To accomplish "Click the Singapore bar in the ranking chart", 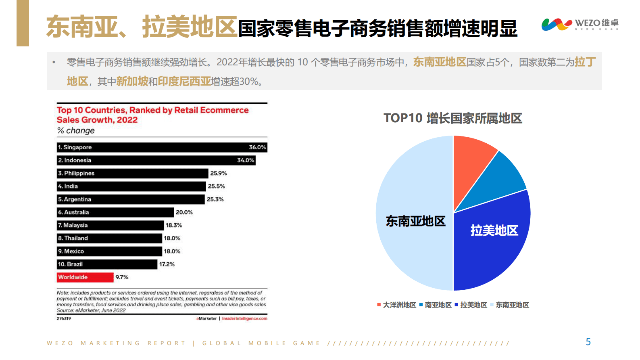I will [x=161, y=147].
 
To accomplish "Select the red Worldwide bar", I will [x=85, y=277].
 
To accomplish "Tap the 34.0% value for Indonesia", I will [x=246, y=160].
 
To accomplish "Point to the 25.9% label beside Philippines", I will [x=219, y=173].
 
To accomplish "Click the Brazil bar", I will [x=107, y=264].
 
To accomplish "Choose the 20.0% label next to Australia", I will [x=184, y=212].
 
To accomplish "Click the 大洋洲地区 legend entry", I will [x=397, y=305].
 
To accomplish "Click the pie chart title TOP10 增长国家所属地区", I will [x=453, y=118].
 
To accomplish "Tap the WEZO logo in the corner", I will [x=580, y=24].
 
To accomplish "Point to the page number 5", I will [x=588, y=342].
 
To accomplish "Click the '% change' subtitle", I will [x=76, y=131].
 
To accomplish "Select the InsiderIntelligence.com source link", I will [x=244, y=318].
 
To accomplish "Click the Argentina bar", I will [x=131, y=199].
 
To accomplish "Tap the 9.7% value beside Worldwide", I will [x=122, y=277].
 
